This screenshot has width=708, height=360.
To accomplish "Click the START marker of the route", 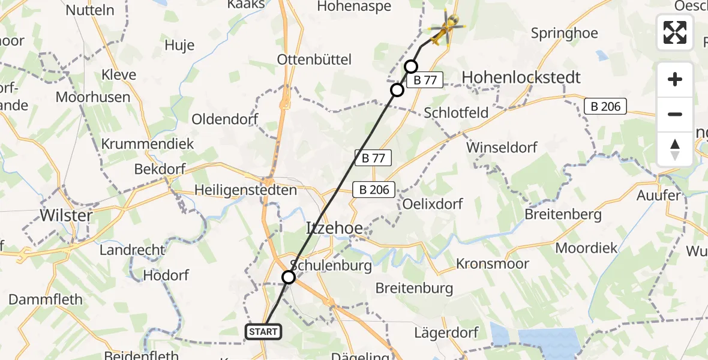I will pos(263,332).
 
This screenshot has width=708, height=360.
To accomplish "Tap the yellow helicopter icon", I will pos(445,29).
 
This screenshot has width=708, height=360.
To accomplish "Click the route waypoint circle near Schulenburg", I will pos(289,277).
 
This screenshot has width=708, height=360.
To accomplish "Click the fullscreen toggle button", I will pos(675,32).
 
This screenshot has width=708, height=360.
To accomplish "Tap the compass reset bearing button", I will pos(675,149).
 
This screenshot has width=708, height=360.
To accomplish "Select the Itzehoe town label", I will pos(335,229).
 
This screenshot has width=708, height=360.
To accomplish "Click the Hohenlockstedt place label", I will pos(521,77).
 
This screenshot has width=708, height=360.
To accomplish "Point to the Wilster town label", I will pos(66,215).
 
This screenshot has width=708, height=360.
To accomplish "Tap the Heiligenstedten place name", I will pos(246,191).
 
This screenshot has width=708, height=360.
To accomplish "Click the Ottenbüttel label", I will pos(314,60).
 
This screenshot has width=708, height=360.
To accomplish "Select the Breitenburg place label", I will pos(414,288).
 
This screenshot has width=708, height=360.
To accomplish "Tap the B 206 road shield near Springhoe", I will pos(606,107).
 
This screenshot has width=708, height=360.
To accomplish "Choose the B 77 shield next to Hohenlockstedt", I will pos(425,80).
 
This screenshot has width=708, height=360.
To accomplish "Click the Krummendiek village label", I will pos(148,144).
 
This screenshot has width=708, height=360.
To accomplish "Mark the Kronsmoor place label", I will pos(493,263).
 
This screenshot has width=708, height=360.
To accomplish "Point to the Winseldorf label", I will pos(502,147).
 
